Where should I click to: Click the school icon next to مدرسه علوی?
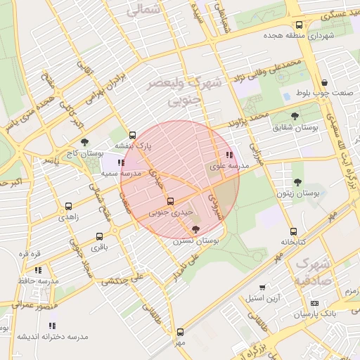(229, 155)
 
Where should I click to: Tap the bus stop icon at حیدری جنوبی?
(170, 200)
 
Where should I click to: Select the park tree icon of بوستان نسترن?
(195, 229)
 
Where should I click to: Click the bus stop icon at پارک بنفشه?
(132, 135)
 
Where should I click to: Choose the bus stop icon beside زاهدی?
(68, 206)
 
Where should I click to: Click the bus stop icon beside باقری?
(99, 236)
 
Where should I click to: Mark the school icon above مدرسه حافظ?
(38, 269)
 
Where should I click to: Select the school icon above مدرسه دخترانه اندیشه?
(52, 326)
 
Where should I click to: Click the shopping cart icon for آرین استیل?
(262, 288)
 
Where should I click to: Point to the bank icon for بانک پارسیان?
(314, 304)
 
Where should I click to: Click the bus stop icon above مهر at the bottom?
(180, 331)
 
